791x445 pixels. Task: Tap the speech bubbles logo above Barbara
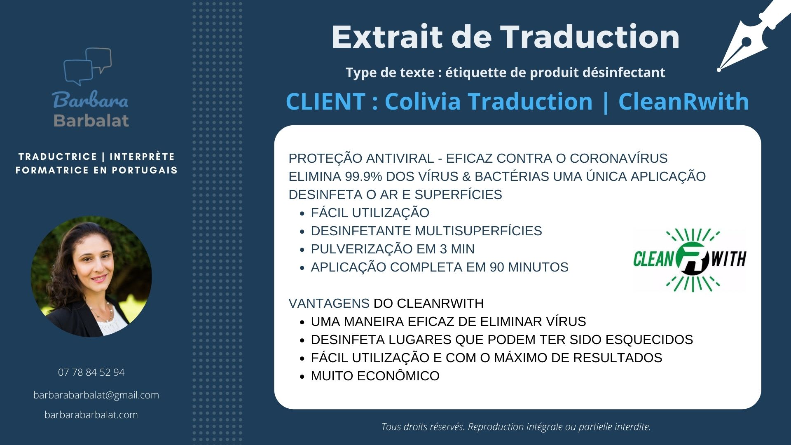tap(87, 66)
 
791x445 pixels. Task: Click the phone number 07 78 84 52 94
tap(91, 372)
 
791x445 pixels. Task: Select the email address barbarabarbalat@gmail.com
tap(96, 395)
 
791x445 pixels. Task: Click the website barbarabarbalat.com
tap(91, 415)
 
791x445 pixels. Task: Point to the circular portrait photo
tap(91, 276)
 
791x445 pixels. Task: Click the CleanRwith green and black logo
tap(689, 260)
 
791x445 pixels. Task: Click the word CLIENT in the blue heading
tap(325, 101)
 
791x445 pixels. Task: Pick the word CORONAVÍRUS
tap(618, 158)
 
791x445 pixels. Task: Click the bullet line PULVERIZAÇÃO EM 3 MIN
tap(393, 249)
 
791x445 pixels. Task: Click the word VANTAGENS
tap(329, 303)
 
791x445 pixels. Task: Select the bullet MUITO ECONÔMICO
tap(375, 376)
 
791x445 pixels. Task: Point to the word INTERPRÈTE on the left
tap(142, 157)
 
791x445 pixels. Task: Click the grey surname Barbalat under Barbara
tap(91, 120)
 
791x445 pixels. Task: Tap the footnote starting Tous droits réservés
tap(516, 427)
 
